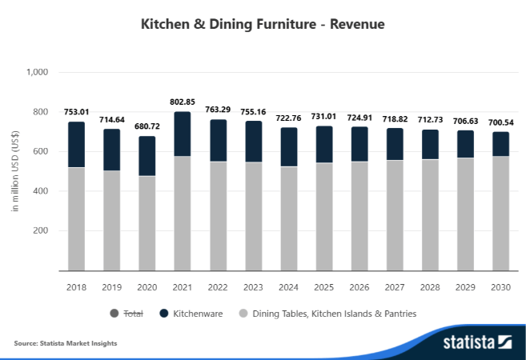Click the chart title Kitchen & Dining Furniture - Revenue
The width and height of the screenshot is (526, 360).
pos(263,25)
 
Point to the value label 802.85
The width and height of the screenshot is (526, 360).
pos(182,102)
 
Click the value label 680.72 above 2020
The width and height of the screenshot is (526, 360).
pos(147,126)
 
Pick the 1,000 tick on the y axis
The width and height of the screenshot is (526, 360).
pos(38,72)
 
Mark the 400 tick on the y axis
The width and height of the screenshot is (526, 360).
pos(40,191)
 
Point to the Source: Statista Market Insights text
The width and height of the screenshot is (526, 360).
pos(66,343)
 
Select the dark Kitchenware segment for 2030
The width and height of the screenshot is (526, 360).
pos(500,144)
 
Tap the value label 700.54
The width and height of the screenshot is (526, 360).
pos(500,122)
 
